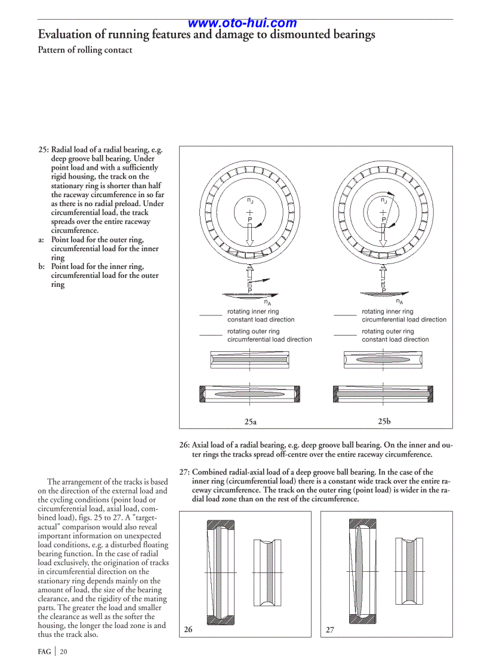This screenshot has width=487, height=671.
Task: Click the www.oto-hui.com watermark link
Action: coord(242,23)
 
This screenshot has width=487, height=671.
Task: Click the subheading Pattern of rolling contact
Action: coord(85,50)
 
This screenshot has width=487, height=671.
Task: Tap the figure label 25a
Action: coord(251,422)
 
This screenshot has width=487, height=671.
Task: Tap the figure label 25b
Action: coord(384,421)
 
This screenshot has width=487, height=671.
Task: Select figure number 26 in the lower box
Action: coord(188,630)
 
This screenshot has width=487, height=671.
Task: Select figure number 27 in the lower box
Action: coord(329,630)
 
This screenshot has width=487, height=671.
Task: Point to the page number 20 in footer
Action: coord(63,652)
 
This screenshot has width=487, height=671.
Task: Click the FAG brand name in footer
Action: coord(44,652)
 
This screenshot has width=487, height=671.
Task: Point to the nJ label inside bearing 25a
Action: coord(251,201)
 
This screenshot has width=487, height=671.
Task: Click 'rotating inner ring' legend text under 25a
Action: coord(253,311)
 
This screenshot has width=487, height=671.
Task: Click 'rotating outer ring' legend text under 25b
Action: coord(387,331)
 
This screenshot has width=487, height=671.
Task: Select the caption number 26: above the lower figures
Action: coord(184,445)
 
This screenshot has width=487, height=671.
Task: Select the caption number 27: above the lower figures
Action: coord(184,472)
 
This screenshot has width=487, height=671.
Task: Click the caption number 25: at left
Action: coord(44,150)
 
